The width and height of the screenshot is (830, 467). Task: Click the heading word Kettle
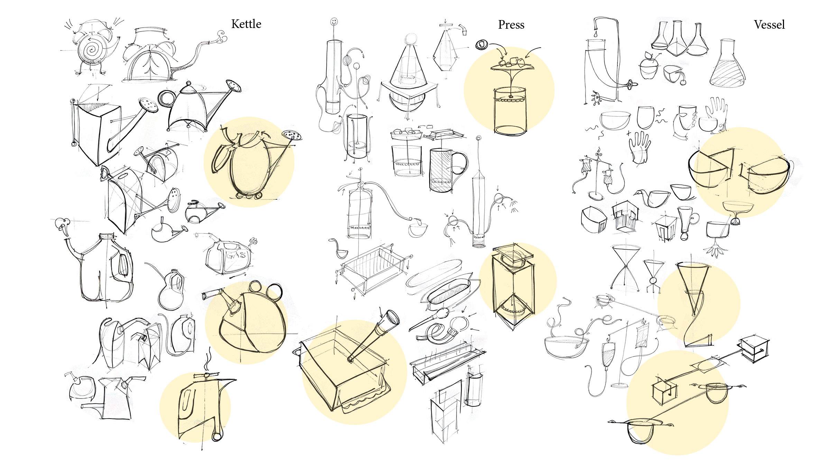pos(246,24)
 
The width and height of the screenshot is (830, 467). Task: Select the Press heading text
pos(511,25)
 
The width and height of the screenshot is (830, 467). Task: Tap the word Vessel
pos(769,25)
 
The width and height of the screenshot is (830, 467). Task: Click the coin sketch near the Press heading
pos(481,45)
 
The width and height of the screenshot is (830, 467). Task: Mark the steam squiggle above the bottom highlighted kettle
pos(208,360)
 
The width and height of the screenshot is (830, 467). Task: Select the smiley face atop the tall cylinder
pos(334,21)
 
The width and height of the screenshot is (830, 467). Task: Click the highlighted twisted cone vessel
pos(695,304)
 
